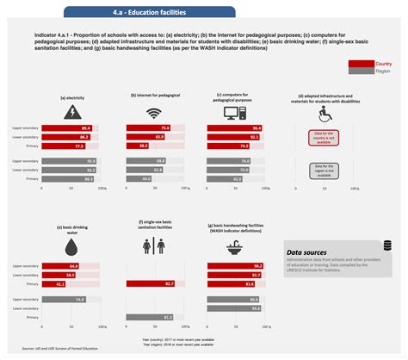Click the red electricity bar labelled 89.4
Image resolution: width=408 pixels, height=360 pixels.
pyautogui.click(x=65, y=127)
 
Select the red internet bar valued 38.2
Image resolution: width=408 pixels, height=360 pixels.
pyautogui.click(x=138, y=146)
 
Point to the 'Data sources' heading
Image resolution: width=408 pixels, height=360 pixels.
pyautogui.click(x=308, y=253)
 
